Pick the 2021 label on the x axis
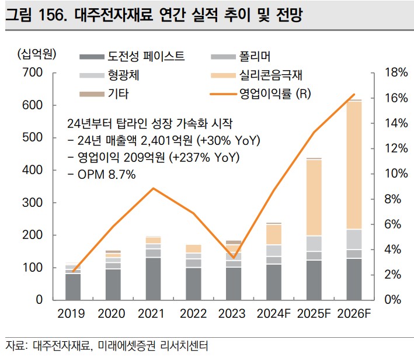point(153,314)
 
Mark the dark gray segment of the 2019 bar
point(73,286)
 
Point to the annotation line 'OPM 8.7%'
point(101,174)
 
